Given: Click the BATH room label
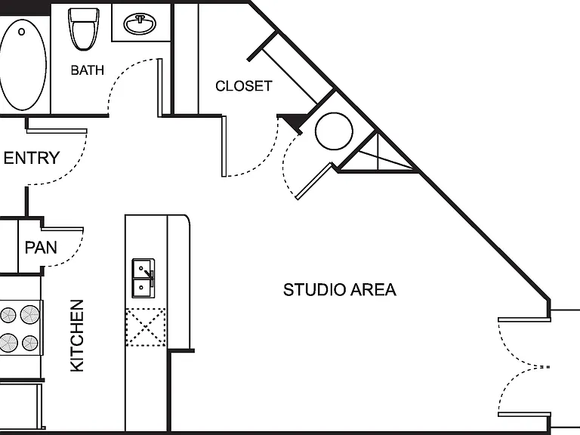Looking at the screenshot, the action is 88,70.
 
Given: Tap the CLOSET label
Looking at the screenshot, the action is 244,86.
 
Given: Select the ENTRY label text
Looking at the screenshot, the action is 32,158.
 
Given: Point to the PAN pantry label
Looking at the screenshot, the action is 41,248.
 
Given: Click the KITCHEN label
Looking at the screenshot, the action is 77,335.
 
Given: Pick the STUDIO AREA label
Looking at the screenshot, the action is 340,290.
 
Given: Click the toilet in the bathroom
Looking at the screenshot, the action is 84,29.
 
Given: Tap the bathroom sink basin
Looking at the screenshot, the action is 140,23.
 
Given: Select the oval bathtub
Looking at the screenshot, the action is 23,65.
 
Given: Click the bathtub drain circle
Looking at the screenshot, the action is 21,32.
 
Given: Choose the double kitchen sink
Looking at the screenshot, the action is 143,278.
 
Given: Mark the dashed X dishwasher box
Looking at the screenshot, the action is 145,327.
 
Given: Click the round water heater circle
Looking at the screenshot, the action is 334,131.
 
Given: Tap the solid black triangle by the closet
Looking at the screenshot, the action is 294,122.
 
